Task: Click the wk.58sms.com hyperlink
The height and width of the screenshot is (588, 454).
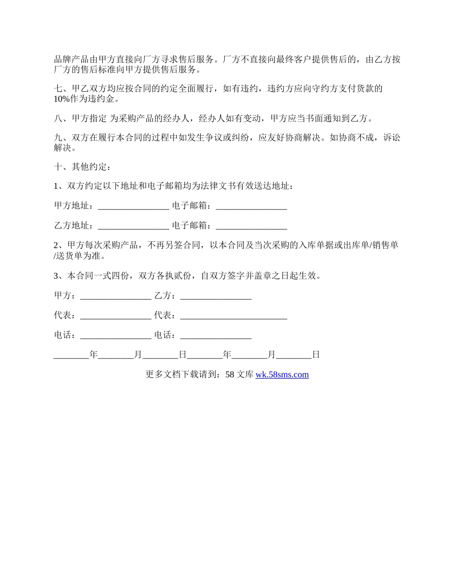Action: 282,375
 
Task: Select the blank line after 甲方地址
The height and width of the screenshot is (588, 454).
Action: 133,206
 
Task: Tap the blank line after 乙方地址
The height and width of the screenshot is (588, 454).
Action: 133,226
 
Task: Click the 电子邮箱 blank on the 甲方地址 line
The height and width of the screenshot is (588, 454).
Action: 251,206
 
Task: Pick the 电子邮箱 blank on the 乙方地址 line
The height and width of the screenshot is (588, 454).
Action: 251,226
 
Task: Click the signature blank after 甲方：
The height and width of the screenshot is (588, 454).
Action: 116,296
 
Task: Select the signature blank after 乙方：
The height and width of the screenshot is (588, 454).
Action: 216,296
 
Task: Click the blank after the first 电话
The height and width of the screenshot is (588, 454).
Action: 116,336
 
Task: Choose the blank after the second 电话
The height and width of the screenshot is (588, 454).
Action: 216,336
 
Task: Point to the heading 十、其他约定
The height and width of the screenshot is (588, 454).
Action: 82,167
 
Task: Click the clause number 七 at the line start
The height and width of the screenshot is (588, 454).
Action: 58,88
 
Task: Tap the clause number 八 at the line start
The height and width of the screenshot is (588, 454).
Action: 58,118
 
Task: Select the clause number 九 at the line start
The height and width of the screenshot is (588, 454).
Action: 58,138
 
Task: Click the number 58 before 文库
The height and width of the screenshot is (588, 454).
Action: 229,375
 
